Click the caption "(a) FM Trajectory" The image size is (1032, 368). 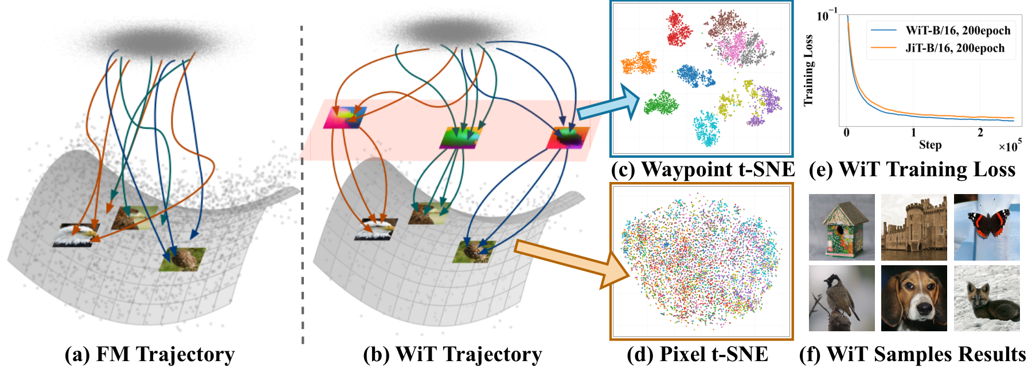click(150, 354)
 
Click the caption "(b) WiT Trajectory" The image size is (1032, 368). click(452, 354)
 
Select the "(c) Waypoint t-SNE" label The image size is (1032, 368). click(702, 169)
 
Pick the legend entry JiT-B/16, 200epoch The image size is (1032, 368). click(955, 48)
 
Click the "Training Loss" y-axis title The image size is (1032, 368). click(808, 71)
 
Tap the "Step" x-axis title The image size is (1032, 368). click(930, 145)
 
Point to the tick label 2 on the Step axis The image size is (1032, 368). click(980, 133)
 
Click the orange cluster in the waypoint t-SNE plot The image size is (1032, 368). click(639, 63)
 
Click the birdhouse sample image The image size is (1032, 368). click(842, 227)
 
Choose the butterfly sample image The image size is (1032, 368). click(986, 227)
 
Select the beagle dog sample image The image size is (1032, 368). click(914, 298)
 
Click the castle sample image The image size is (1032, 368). click(914, 227)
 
